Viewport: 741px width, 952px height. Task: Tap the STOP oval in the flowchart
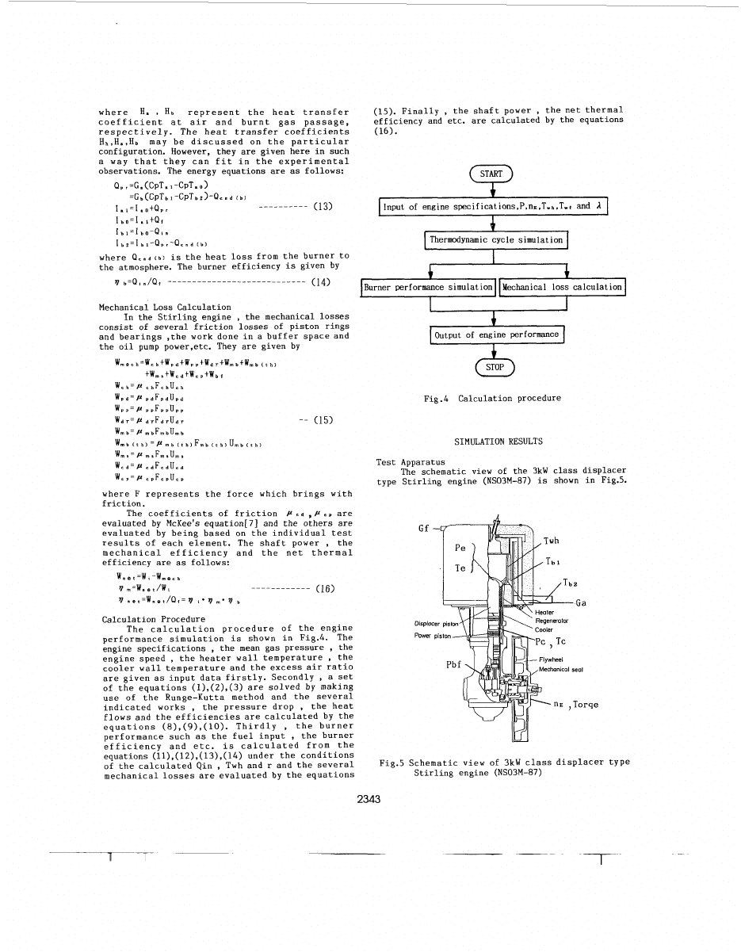click(x=493, y=368)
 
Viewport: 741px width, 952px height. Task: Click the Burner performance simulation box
click(x=429, y=286)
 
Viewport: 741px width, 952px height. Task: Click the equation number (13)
click(x=321, y=207)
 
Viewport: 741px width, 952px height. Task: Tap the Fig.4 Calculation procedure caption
click(x=493, y=398)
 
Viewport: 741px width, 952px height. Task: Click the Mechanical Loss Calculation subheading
click(x=165, y=307)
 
